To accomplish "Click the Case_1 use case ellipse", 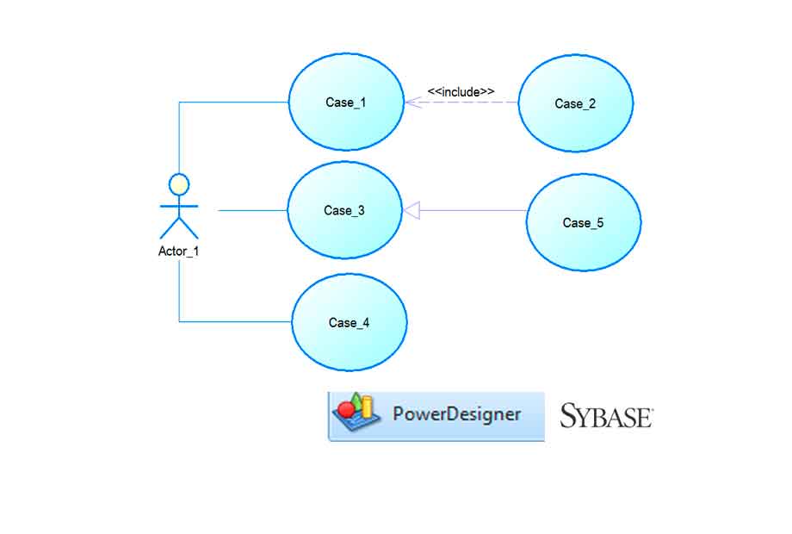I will point(346,102).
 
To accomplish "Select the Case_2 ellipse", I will point(575,103).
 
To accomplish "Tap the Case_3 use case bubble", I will point(344,210).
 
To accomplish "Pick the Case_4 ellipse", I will point(349,323).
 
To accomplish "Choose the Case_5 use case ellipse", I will point(583,222).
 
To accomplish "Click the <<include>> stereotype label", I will point(461,91).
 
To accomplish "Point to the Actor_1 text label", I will point(178,251).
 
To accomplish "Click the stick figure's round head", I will point(179,184).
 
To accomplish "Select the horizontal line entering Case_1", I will point(232,102).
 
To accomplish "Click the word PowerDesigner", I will point(456,414).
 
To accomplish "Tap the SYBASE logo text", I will point(606,417).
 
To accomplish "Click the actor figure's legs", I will point(179,227).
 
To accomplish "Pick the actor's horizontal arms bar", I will point(179,207).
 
